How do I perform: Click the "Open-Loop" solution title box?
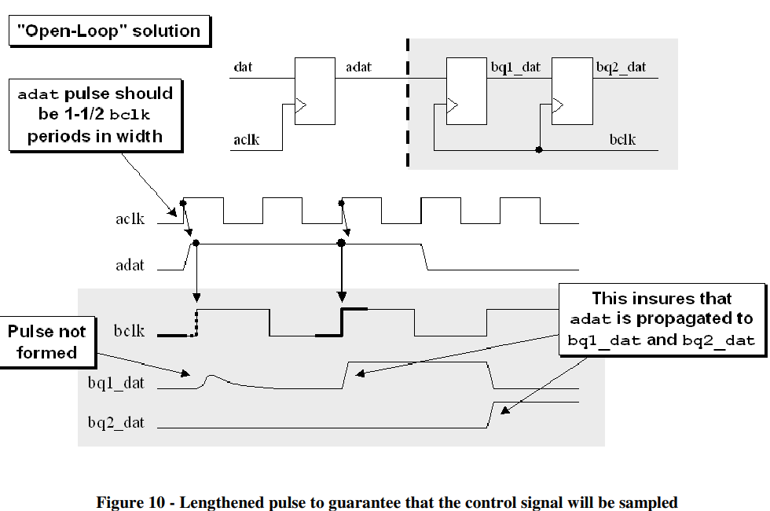tap(108, 31)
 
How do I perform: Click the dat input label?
tap(243, 68)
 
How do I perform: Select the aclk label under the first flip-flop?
tap(246, 141)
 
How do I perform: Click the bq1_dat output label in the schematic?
tap(515, 68)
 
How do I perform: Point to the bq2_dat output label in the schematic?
tap(621, 68)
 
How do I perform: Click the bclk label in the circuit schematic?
tap(622, 140)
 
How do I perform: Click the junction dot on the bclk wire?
tap(538, 150)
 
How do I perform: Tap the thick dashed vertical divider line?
tap(408, 102)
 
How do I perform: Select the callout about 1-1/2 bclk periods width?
tap(95, 115)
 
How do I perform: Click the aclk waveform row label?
tap(130, 219)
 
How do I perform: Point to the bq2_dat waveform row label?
tap(116, 422)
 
